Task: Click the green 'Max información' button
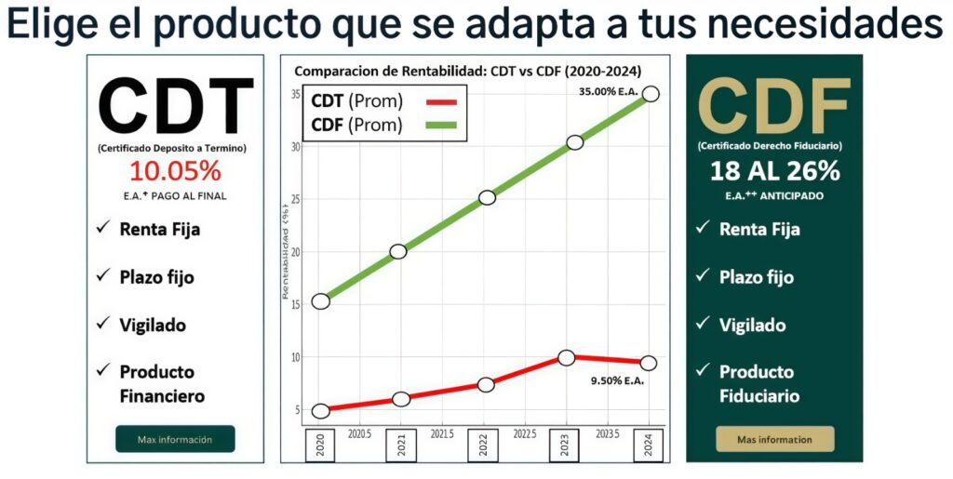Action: tap(175, 439)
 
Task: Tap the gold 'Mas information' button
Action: tap(774, 439)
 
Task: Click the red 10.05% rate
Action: tap(175, 171)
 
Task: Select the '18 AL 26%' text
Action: tap(774, 171)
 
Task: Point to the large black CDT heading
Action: tap(175, 106)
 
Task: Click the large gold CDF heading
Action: tap(774, 106)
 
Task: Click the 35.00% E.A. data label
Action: tap(608, 92)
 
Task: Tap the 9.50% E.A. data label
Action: tap(617, 379)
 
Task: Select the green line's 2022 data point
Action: tap(487, 197)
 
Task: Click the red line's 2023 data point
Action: tap(566, 358)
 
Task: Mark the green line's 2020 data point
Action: tap(321, 300)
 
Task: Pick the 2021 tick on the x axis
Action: tap(401, 444)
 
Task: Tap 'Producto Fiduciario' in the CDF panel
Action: tap(758, 383)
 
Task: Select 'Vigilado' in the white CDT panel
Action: tap(153, 325)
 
